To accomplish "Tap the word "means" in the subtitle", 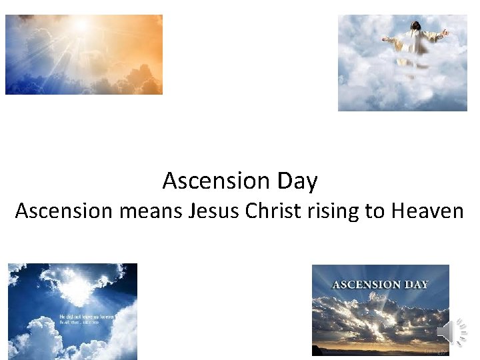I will coord(151,211).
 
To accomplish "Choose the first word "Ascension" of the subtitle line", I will coord(64,211).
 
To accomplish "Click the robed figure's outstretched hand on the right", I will coord(445,32).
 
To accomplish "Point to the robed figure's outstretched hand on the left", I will coord(385,40).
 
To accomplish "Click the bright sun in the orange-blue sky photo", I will coord(83,27).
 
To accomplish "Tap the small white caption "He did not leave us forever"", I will coord(87,317).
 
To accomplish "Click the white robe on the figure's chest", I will coord(417,43).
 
